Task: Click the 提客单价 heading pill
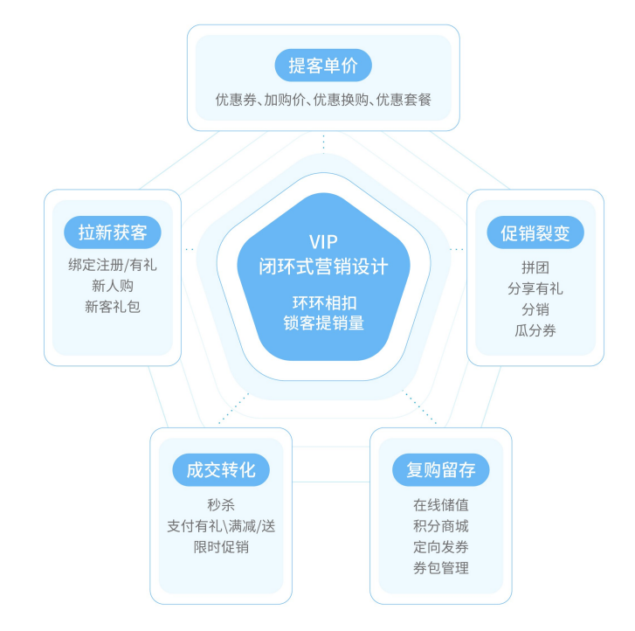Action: tap(323, 66)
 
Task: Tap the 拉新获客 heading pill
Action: tap(112, 233)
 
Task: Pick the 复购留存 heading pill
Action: tap(440, 469)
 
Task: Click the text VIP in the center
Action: tap(323, 242)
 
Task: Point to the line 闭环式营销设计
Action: tap(323, 266)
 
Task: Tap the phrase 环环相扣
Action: tap(323, 302)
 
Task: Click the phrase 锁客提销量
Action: tap(323, 322)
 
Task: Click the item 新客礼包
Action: tap(112, 307)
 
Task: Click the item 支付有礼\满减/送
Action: tap(220, 526)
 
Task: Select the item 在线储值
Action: tap(440, 504)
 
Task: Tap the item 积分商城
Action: tap(440, 526)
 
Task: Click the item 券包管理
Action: tap(440, 569)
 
